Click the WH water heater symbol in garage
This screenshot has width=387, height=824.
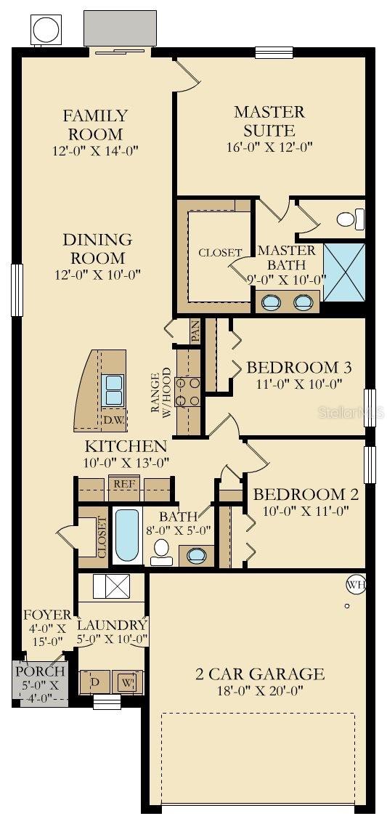coord(354,583)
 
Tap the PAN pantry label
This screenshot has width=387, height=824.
coord(195,331)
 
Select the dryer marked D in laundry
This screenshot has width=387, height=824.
coord(94,682)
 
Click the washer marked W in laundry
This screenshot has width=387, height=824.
coord(126,682)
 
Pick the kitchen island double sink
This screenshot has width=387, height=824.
coord(114,389)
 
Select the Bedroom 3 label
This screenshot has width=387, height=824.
coord(293,367)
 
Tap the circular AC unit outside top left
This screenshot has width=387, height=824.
coord(46,30)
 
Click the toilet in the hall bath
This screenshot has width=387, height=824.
coord(160,552)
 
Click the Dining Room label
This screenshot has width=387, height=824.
coord(97,249)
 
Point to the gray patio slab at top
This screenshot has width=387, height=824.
coord(120,28)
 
